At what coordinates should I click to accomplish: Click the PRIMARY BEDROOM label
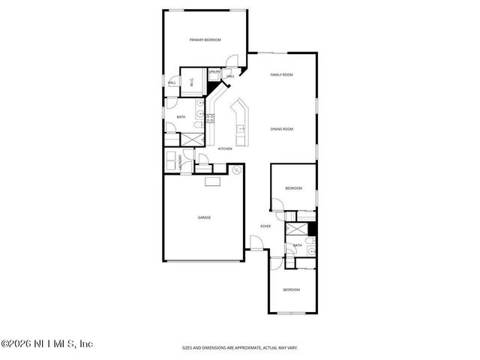click(x=205, y=39)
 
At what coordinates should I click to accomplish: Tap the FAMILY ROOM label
click(x=281, y=75)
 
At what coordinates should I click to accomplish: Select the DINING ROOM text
click(x=281, y=129)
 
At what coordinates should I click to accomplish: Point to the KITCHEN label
click(x=225, y=148)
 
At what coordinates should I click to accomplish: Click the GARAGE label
click(x=204, y=217)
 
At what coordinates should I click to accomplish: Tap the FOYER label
click(x=265, y=226)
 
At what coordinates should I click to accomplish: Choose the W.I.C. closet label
click(x=192, y=83)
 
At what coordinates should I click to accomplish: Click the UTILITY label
click(x=214, y=71)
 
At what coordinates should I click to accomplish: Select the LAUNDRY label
click(x=180, y=161)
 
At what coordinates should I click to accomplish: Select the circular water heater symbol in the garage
click(x=236, y=170)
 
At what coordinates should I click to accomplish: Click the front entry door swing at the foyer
click(x=256, y=241)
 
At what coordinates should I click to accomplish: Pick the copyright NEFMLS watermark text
click(x=46, y=344)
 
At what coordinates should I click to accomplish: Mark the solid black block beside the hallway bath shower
click(x=313, y=229)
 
